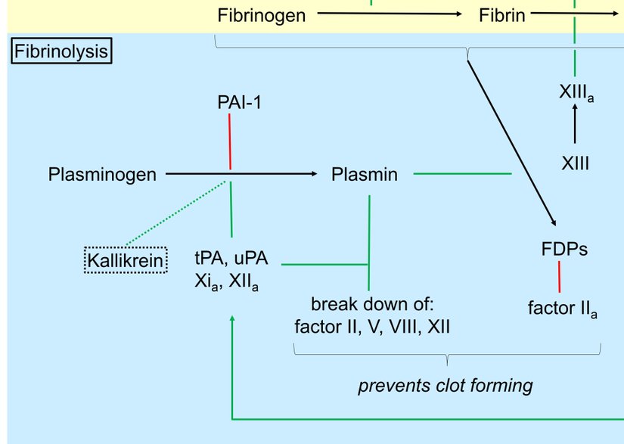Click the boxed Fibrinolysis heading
61,52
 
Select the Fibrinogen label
261,15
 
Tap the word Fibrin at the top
501,15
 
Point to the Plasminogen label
102,175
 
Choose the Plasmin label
365,175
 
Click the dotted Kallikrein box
125,261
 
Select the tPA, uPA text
231,257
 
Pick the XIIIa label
576,93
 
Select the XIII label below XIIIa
576,163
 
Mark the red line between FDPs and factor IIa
559,276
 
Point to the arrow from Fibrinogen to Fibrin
390,14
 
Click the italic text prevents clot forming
445,386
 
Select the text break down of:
370,306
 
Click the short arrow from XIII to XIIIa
575,124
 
